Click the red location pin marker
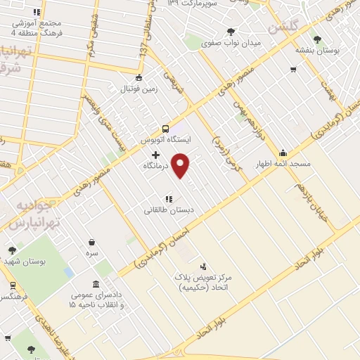click(x=182, y=165)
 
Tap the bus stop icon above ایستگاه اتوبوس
click(x=165, y=129)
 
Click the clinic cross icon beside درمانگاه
click(x=155, y=154)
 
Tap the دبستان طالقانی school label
click(x=168, y=210)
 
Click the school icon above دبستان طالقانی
click(x=168, y=198)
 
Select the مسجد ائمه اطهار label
click(x=284, y=163)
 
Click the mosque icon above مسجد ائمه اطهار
click(x=283, y=152)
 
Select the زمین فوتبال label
click(x=139, y=89)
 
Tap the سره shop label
click(x=92, y=252)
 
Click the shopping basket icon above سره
click(x=92, y=240)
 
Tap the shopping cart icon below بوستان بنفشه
click(x=293, y=69)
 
